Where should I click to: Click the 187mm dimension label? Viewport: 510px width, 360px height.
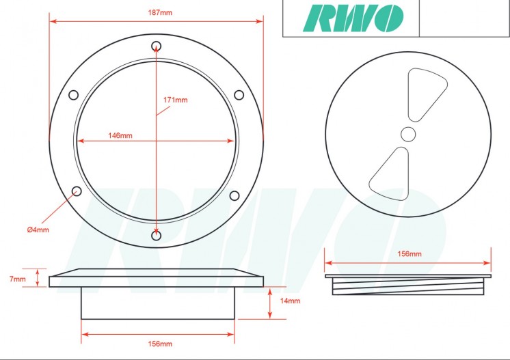tap(155, 12)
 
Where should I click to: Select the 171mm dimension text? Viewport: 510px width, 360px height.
tap(175, 100)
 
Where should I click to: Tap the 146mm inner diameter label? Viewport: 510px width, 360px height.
tap(120, 135)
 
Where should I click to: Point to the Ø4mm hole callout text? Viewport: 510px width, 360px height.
tap(38, 230)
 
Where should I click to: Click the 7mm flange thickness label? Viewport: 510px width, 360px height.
tap(18, 279)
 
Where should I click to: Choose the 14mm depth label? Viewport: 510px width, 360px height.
tap(290, 301)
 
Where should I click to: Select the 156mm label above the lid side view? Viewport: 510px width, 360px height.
tap(410, 253)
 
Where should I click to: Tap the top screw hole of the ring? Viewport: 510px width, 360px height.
tap(157, 46)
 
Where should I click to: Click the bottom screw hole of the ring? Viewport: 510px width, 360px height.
tap(157, 236)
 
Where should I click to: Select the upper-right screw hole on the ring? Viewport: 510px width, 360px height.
tap(239, 95)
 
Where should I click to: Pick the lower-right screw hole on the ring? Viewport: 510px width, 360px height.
tap(234, 196)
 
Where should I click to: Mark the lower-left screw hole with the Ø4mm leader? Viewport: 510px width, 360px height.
tap(77, 191)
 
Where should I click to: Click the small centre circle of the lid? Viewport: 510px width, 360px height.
tap(408, 133)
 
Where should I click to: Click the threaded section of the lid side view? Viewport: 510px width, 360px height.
tap(408, 287)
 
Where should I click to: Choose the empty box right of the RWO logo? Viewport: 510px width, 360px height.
tap(464, 18)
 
